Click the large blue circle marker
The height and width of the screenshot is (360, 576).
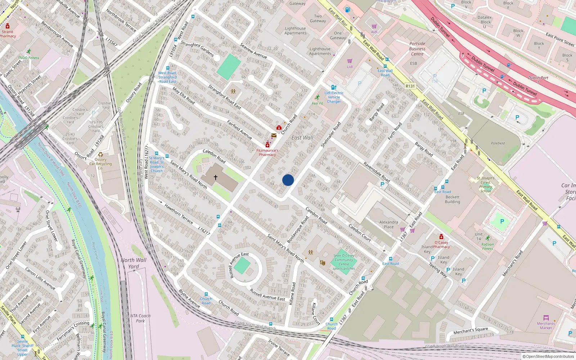tap(288, 180)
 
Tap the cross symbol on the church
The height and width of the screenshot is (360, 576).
tap(216, 177)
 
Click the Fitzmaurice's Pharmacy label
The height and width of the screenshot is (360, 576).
tap(267, 153)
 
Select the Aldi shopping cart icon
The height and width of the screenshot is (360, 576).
tap(374, 26)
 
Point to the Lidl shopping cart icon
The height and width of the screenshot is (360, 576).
tap(350, 61)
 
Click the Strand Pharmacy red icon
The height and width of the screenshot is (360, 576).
tap(8, 26)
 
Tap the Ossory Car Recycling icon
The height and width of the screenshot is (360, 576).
tap(100, 154)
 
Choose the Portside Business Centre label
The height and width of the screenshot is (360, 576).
tap(417, 49)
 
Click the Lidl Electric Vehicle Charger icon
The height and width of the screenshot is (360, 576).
tap(334, 87)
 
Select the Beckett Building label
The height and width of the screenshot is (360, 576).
tap(453, 199)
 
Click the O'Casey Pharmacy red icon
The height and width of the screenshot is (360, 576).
tap(441, 237)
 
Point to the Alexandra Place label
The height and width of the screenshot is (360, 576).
tap(389, 224)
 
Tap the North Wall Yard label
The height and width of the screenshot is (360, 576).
tap(134, 263)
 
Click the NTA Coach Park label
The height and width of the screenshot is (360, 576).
tap(140, 318)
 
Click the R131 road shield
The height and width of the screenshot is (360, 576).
tap(410, 86)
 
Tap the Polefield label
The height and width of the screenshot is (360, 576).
tap(498, 143)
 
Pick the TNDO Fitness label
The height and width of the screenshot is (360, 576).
tap(29, 58)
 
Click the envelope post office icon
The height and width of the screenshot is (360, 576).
tap(274, 135)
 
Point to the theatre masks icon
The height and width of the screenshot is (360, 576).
tap(323, 263)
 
